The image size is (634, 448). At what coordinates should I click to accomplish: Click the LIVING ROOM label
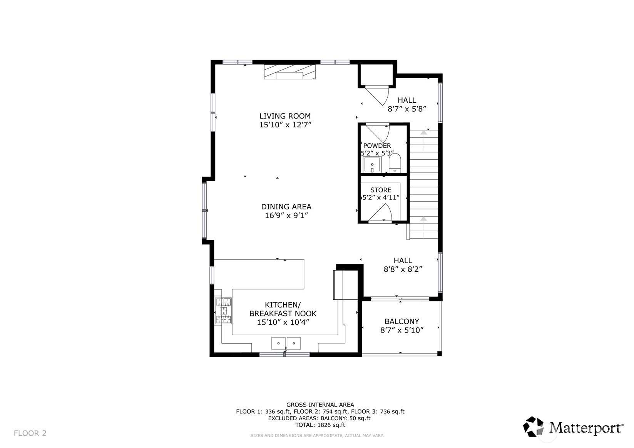(285, 116)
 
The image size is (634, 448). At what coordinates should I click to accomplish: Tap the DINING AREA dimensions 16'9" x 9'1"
(286, 216)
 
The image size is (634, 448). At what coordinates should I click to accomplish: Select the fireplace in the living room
(289, 72)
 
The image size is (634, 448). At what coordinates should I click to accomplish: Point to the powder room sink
(372, 165)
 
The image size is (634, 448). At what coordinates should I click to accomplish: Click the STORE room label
(381, 190)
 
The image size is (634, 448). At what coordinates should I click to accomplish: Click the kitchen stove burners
(224, 310)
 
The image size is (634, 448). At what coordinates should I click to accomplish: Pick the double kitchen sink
(286, 342)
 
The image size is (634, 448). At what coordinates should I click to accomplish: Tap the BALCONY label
(401, 321)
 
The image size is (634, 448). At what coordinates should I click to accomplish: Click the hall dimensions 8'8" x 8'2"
(403, 269)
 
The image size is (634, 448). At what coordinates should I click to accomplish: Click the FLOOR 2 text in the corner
(30, 433)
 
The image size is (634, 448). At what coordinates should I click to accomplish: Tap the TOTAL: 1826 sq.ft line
(320, 425)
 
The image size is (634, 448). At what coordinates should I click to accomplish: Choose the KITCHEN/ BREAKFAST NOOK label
(283, 309)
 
